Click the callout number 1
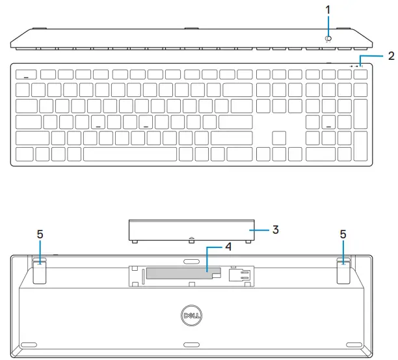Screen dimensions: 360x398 pyautogui.click(x=328, y=10)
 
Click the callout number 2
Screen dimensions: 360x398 pyautogui.click(x=391, y=56)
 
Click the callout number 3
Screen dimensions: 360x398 pyautogui.click(x=276, y=229)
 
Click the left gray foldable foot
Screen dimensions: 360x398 pyautogui.click(x=38, y=271)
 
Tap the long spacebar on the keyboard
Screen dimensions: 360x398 pyautogui.click(x=130, y=154)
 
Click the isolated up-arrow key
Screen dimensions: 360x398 pyautogui.click(x=279, y=137)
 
